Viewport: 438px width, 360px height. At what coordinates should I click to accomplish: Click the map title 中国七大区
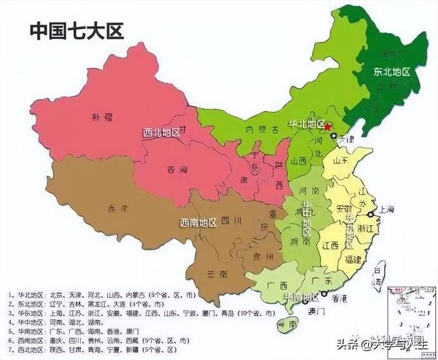[76, 31]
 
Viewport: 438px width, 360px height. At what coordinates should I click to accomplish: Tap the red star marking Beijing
[327, 127]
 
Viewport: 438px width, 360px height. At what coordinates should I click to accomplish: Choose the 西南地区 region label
[198, 222]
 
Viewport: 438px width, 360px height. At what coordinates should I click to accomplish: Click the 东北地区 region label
[391, 71]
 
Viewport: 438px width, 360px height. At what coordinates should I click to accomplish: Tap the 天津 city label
[348, 139]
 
